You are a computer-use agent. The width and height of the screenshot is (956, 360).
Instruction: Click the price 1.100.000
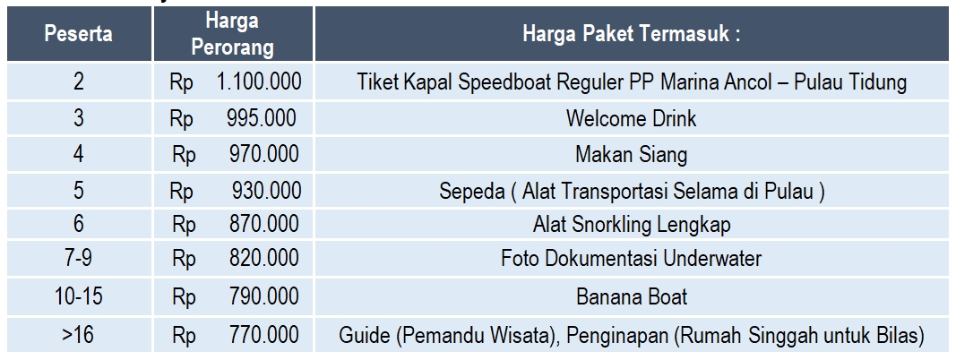pyautogui.click(x=258, y=83)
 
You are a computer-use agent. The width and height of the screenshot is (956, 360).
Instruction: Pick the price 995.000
pyautogui.click(x=263, y=119)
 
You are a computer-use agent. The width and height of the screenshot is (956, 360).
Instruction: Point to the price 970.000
pyautogui.click(x=263, y=154)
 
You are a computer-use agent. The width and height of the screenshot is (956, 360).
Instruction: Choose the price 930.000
pyautogui.click(x=265, y=190)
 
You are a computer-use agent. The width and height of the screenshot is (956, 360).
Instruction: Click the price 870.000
pyautogui.click(x=263, y=225)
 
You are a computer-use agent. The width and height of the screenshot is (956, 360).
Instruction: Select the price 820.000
pyautogui.click(x=263, y=260)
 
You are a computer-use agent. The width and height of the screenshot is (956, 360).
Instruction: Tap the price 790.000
pyautogui.click(x=263, y=296)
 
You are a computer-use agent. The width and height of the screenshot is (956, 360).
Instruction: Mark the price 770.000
pyautogui.click(x=263, y=337)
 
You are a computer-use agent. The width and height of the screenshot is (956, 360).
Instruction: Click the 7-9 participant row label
pyautogui.click(x=79, y=260)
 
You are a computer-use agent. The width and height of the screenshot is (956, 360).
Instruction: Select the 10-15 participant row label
pyautogui.click(x=79, y=296)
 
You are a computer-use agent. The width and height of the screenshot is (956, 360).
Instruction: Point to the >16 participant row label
pyautogui.click(x=79, y=337)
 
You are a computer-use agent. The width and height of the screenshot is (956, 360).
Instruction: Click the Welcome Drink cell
pyautogui.click(x=631, y=119)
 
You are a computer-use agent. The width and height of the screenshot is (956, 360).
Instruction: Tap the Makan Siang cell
pyautogui.click(x=631, y=154)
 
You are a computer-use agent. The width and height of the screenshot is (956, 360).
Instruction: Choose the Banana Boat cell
pyautogui.click(x=631, y=296)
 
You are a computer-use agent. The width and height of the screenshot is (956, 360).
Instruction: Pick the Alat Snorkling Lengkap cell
pyautogui.click(x=631, y=225)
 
